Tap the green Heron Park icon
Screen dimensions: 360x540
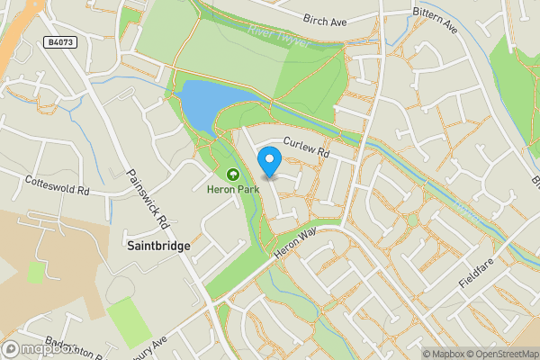[x=232, y=175]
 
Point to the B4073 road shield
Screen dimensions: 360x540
[x=59, y=42]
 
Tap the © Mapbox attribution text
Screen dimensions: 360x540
[x=444, y=353]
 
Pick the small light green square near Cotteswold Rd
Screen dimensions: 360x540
[x=36, y=273]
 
